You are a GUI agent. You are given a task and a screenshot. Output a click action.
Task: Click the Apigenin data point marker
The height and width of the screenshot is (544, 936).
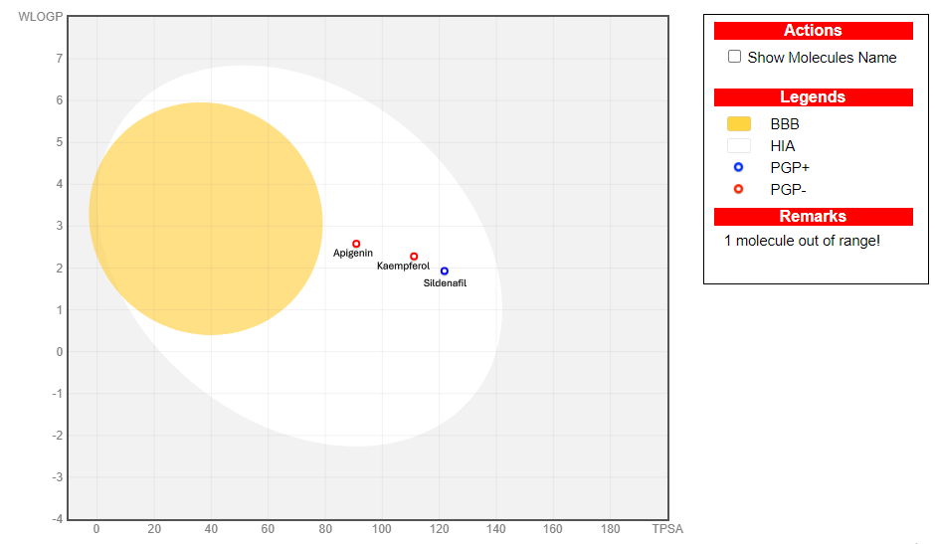point(356,244)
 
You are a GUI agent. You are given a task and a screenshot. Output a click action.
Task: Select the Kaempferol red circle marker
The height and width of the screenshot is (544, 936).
point(414,257)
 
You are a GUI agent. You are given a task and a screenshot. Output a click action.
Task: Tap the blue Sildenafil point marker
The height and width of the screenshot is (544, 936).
point(445,271)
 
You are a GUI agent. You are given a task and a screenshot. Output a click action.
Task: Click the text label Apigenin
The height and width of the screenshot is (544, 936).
point(353,254)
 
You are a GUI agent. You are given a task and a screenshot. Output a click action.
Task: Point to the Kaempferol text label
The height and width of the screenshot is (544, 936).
point(403,267)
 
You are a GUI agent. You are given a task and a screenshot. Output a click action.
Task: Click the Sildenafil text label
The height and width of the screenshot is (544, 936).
point(445,283)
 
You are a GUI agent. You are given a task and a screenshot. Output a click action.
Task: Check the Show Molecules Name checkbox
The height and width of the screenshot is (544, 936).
point(735,57)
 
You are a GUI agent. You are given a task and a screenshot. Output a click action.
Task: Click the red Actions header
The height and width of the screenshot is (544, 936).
point(813,31)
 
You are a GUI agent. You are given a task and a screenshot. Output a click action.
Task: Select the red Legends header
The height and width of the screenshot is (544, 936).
point(813,97)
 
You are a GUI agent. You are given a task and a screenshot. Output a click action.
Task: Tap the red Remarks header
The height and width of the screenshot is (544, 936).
point(813,217)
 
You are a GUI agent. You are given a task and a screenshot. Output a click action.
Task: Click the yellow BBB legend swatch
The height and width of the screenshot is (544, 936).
point(739,124)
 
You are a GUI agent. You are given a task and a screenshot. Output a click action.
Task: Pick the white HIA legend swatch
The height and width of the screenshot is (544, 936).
point(739,146)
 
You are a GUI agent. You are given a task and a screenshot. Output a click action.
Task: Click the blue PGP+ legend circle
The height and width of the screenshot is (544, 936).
point(739,167)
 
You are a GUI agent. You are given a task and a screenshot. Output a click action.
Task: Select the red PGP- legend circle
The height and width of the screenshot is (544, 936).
point(739,189)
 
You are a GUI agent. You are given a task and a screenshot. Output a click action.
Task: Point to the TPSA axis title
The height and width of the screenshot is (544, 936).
point(667,529)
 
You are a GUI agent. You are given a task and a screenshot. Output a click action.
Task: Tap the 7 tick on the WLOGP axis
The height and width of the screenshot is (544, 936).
point(59,59)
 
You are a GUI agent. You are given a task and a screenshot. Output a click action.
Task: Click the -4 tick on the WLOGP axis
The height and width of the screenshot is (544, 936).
point(57,519)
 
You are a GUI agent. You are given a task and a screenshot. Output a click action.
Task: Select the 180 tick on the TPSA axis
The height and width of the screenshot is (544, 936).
point(611,529)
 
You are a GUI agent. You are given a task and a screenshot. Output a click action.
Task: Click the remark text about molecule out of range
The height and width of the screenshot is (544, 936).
point(802,242)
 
